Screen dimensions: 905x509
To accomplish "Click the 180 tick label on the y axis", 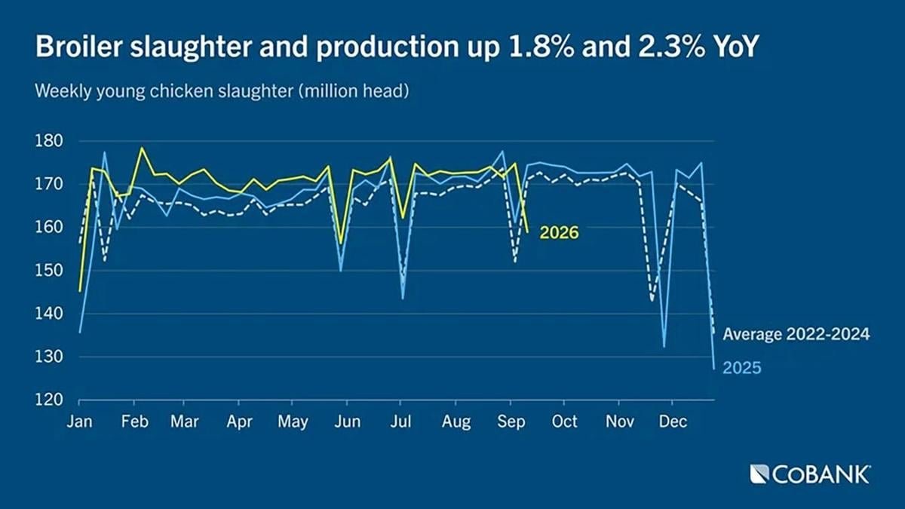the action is [x=49, y=142].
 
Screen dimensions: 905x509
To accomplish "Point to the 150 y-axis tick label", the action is [x=49, y=270].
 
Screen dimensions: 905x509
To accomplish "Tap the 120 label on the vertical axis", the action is [x=49, y=400].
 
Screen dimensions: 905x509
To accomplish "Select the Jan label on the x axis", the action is [x=80, y=422].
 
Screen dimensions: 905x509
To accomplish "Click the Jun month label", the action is [x=348, y=422].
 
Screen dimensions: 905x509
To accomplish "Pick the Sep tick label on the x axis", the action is [x=511, y=422].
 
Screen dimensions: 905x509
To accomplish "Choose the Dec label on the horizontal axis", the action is [x=673, y=422].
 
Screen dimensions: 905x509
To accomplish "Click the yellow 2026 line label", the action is [x=559, y=233].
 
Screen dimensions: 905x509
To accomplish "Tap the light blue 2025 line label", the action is [x=742, y=368].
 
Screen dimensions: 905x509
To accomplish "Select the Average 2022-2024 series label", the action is [x=796, y=334].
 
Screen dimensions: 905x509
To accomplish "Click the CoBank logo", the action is [x=810, y=474].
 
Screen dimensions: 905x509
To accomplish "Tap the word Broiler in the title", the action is [x=78, y=46].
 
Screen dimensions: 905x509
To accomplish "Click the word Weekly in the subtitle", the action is [x=63, y=91].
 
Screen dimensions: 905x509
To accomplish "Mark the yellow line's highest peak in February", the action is [x=142, y=148].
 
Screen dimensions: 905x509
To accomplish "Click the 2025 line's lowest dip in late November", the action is [x=664, y=347].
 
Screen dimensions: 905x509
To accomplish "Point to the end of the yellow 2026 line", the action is [x=527, y=232].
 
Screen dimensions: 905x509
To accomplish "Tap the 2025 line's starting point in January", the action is [x=80, y=333].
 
